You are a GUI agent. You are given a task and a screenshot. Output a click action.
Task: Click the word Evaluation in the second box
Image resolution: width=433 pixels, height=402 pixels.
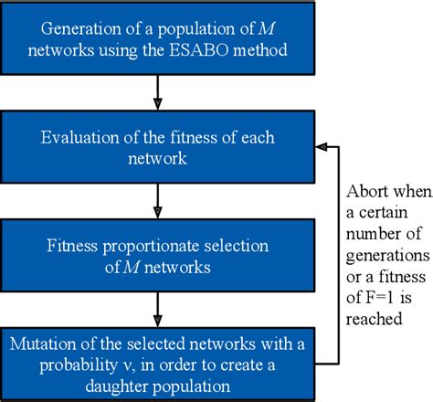(x=79, y=137)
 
